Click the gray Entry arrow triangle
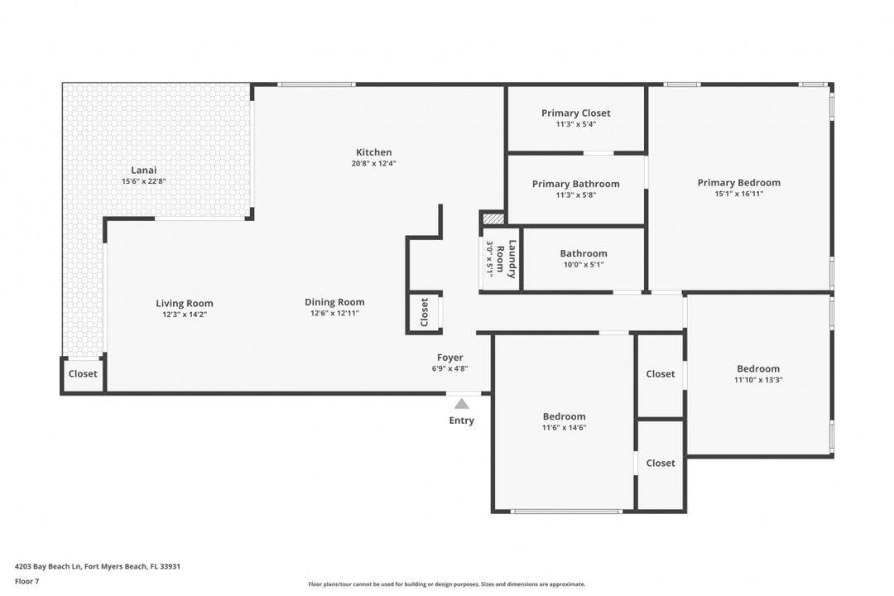point(462,404)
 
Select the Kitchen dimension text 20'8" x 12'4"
point(373,164)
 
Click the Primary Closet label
point(576,113)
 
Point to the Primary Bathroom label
point(575,184)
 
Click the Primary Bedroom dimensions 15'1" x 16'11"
point(738,195)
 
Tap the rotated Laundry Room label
point(512,259)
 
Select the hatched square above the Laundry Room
point(493,219)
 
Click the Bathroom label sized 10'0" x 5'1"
point(584,253)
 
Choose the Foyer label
point(450,358)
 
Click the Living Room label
point(185,303)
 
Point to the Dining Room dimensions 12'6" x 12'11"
point(334,314)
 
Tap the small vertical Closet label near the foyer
point(425,312)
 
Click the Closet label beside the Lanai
point(83,374)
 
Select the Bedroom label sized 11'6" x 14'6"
point(564,416)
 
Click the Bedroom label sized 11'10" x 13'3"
point(758,369)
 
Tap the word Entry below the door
point(462,421)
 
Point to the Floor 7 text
point(26,581)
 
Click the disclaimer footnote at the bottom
point(447,584)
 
